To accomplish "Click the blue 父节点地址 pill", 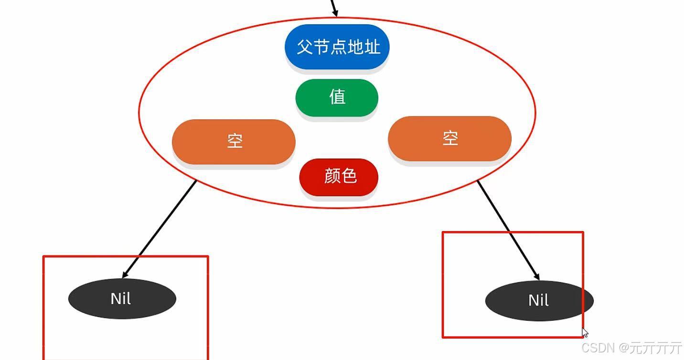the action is (337, 47).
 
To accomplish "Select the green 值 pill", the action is (337, 97).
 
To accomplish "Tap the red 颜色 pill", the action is (339, 177).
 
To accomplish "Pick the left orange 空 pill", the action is (234, 142).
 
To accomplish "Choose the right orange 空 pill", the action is (449, 138).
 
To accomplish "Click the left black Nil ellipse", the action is (122, 299).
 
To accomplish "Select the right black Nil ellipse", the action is (539, 301).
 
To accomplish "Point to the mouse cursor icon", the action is (585, 333).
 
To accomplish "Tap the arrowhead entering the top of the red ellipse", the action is (335, 13).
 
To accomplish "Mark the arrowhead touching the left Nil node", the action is (125, 275).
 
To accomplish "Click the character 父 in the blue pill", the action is (304, 47).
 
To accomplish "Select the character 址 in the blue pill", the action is (372, 47).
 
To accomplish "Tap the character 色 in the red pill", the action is (349, 176).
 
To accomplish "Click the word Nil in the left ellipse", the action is (120, 299).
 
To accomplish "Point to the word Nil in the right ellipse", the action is (538, 300).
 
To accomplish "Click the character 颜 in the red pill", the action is (332, 176).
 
